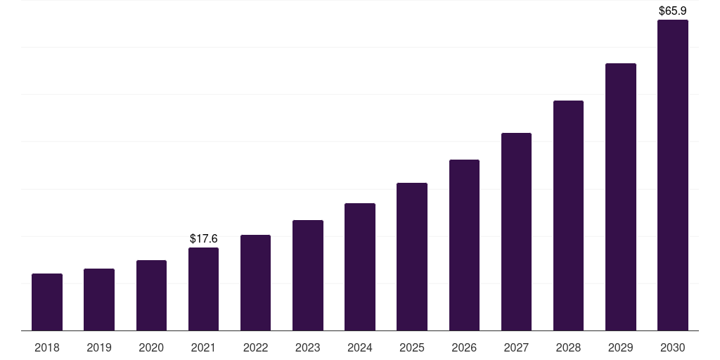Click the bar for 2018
47,302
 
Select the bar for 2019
99,300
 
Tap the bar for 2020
151,295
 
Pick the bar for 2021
203,289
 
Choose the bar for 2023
308,276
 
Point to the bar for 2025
412,257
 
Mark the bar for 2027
516,232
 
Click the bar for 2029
621,197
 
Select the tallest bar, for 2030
673,175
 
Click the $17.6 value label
204,239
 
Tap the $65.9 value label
673,11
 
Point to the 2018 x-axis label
47,347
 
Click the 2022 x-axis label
256,347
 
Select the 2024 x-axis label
360,347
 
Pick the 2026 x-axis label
464,347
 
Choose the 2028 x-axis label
568,347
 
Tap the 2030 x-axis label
673,347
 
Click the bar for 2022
255,283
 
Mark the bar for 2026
464,245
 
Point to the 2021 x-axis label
203,347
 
